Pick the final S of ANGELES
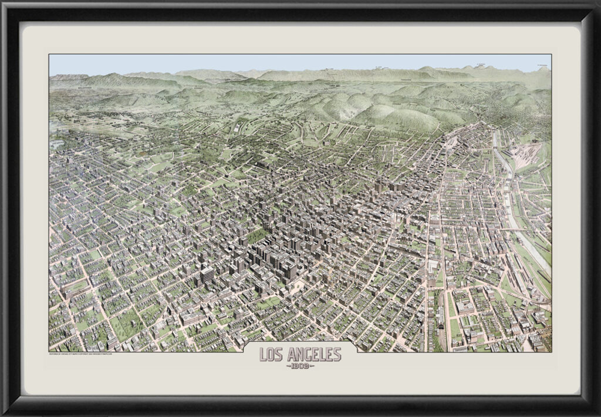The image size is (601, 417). (x=337, y=354)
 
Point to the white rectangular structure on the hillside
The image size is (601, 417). (x=238, y=126)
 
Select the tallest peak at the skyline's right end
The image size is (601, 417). (x=543, y=68)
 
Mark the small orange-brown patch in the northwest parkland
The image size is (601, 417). (x=141, y=154)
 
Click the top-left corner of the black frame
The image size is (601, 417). (x=4, y=4)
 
